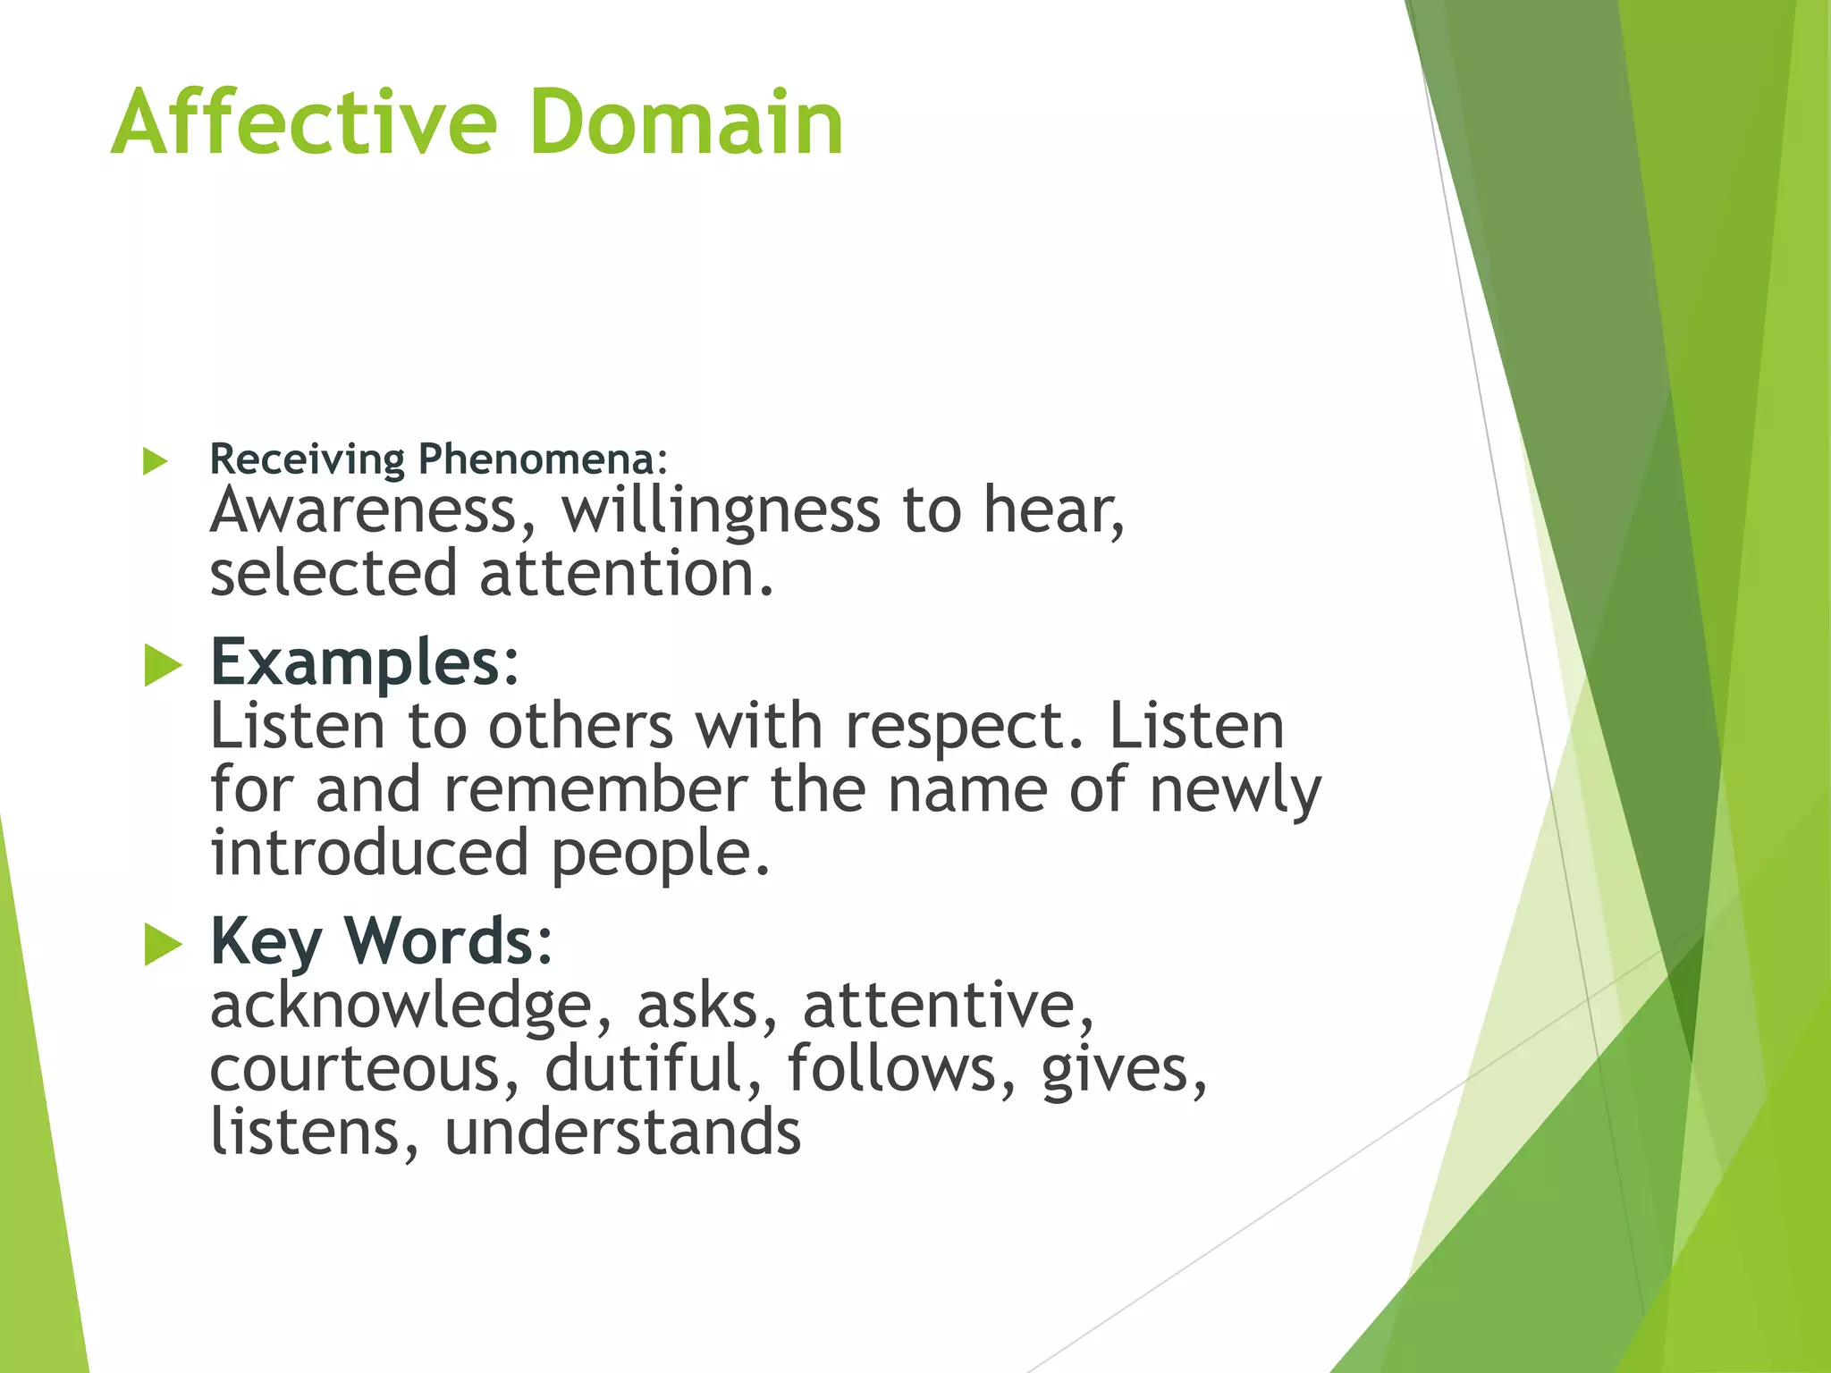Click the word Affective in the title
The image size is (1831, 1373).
304,122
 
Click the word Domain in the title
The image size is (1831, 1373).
686,122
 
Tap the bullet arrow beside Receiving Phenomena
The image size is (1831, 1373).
156,462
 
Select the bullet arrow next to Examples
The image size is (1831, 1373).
163,666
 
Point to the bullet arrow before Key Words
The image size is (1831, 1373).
163,945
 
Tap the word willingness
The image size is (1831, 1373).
721,513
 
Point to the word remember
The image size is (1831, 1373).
595,790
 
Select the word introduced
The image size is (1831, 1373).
369,853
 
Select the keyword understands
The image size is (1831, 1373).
622,1133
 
